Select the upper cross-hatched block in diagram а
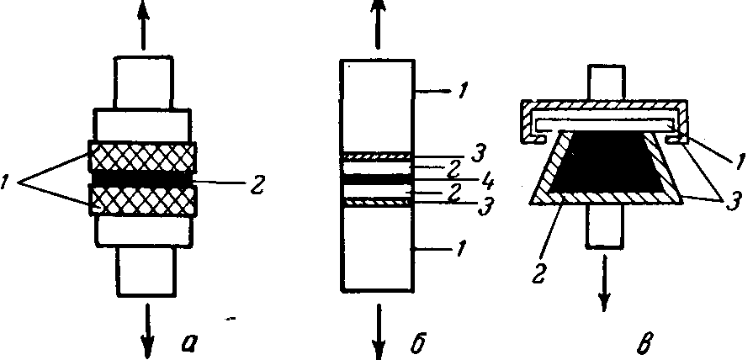click(143, 156)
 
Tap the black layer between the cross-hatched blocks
click(143, 179)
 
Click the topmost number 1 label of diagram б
click(463, 89)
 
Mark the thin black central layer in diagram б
click(376, 178)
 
